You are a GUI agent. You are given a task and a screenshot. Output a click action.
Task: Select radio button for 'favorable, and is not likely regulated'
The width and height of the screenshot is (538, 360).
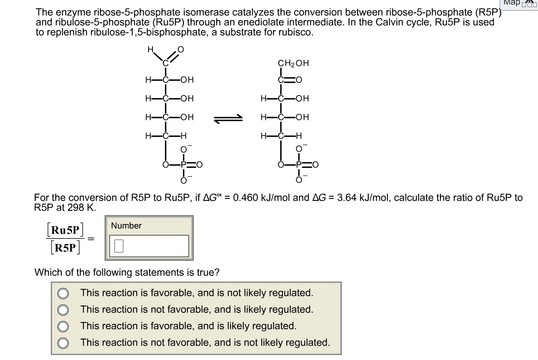(x=63, y=293)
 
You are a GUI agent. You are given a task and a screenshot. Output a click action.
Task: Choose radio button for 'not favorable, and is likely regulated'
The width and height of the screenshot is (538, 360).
(x=63, y=310)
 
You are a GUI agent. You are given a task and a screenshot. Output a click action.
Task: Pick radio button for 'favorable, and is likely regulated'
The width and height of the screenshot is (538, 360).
(x=63, y=326)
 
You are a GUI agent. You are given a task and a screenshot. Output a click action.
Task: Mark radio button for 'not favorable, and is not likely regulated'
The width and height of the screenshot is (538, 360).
(x=63, y=343)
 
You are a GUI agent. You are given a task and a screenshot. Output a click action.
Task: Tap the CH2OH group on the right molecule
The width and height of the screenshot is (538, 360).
(x=293, y=63)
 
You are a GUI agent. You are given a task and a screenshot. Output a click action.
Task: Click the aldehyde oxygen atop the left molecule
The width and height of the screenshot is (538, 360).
(x=180, y=50)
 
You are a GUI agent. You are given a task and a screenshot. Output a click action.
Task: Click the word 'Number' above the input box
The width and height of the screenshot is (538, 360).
(x=126, y=226)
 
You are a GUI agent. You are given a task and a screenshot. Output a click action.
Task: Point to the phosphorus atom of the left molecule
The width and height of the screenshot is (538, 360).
(x=183, y=164)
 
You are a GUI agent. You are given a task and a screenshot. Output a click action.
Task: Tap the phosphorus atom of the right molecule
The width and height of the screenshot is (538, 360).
(x=299, y=164)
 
